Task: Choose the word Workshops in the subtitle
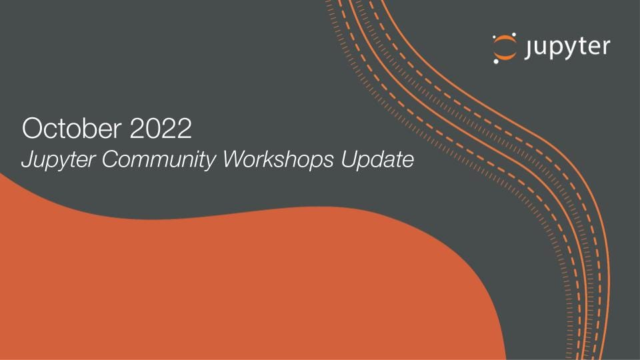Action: click(253, 160)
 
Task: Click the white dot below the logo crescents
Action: click(496, 62)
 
